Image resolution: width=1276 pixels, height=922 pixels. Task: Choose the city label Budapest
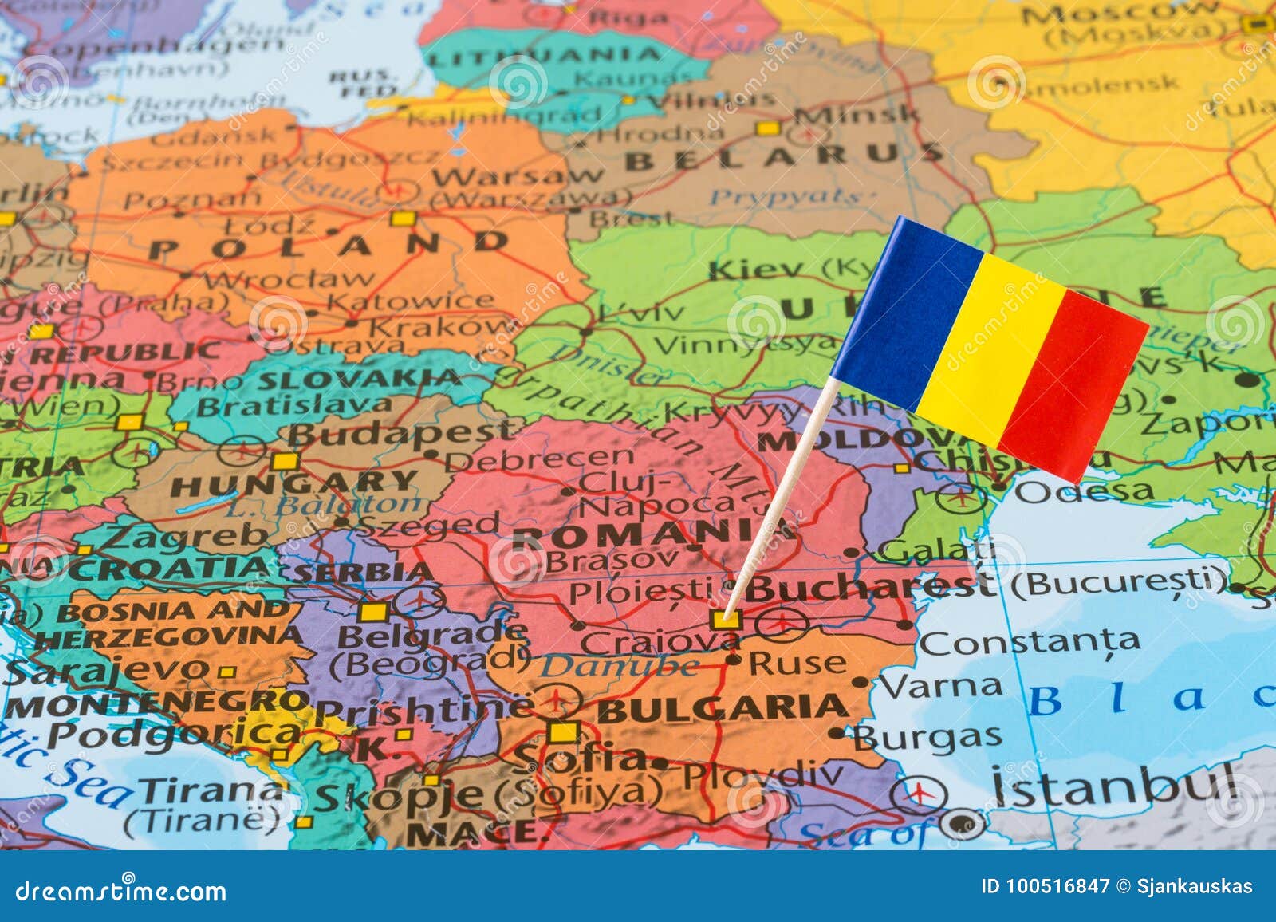(394, 433)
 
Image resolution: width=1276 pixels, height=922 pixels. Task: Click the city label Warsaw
(518, 175)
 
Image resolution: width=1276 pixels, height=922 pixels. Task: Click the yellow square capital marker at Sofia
(564, 732)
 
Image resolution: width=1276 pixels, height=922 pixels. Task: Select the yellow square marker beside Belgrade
(372, 612)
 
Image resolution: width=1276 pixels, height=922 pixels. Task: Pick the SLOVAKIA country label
(360, 378)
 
